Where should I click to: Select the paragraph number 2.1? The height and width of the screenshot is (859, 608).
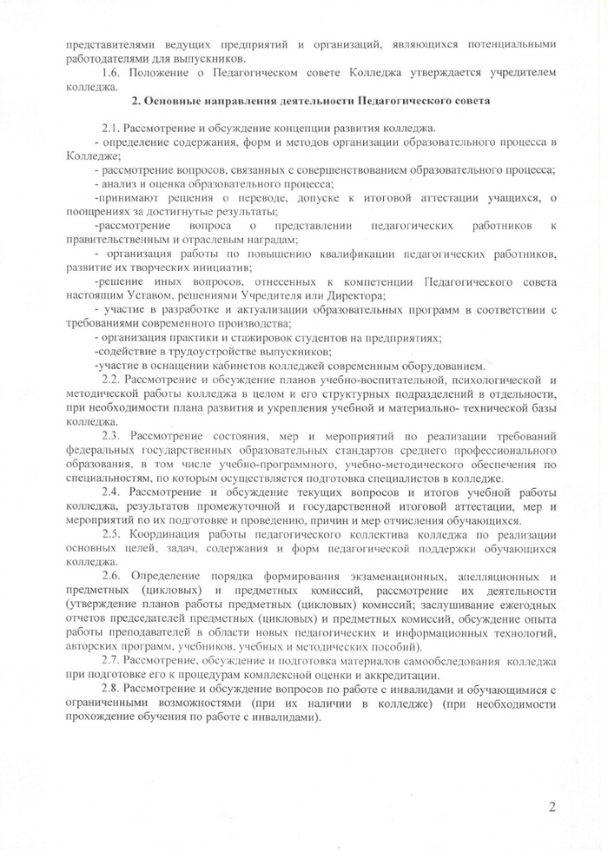tap(113, 128)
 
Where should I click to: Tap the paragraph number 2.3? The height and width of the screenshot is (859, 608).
tap(114, 433)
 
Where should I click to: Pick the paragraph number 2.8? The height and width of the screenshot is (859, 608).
tap(113, 689)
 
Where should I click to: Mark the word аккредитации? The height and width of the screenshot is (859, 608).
tap(432, 676)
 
